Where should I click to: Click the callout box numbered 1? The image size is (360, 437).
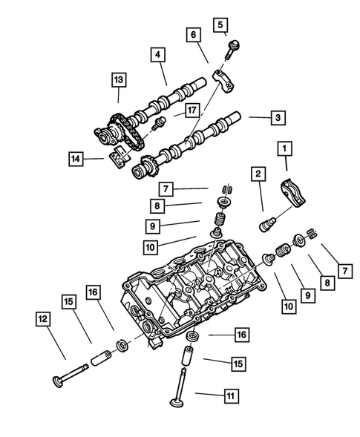pos(283,149)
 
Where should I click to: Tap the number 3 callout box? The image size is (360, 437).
pos(277,117)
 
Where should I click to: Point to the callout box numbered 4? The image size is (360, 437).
pos(157,54)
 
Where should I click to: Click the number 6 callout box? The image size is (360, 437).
pos(193,35)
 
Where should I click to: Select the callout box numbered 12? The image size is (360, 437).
pos(43,319)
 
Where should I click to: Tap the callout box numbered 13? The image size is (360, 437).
pos(118,79)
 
